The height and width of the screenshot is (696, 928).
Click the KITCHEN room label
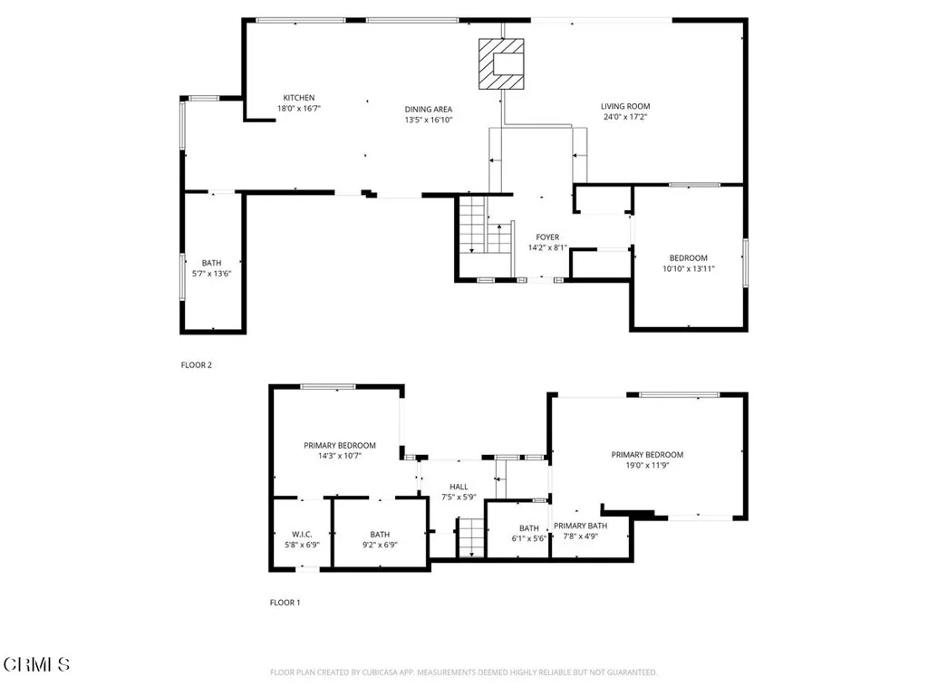[x=299, y=98]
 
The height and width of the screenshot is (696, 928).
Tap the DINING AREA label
[x=428, y=110]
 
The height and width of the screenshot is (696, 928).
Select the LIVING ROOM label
[x=625, y=106]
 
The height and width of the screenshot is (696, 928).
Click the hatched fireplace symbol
[x=501, y=63]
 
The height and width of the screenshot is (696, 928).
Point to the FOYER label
[x=546, y=237]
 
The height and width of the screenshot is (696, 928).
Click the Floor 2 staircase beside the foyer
[x=473, y=227]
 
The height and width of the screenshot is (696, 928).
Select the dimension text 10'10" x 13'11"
[x=688, y=268]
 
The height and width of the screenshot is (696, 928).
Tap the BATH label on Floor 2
[x=211, y=263]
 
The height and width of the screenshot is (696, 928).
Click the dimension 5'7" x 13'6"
[x=211, y=273]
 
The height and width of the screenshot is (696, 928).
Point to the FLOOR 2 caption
[x=197, y=365]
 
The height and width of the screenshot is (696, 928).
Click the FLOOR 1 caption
[x=285, y=602]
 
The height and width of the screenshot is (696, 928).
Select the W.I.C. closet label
[x=302, y=535]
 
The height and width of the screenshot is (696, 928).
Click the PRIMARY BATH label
[x=581, y=526]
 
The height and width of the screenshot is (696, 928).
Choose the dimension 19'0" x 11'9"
[x=647, y=466]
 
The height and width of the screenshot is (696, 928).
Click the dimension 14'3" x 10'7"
[x=340, y=456]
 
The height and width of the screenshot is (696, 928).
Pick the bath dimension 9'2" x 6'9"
[x=379, y=545]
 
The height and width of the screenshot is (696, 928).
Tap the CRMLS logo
[x=36, y=665]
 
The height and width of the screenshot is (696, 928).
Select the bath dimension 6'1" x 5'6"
[x=529, y=538]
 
